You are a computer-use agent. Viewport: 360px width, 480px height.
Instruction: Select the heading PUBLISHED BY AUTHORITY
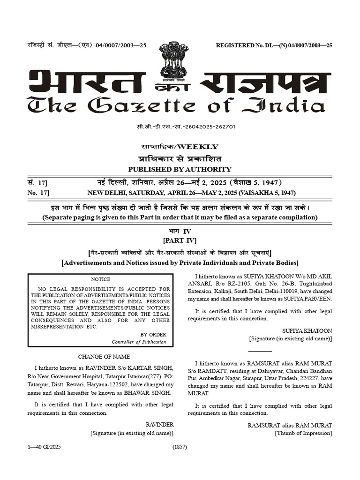[x=180, y=169]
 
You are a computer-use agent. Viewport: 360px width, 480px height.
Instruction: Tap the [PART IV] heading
[x=180, y=240]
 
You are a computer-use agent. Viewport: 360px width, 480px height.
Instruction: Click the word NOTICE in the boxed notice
[x=100, y=279]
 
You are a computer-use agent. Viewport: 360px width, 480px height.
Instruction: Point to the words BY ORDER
[x=153, y=334]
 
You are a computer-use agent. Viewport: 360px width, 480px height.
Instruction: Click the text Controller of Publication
[x=139, y=342]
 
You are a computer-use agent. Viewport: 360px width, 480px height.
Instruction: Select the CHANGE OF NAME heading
[x=100, y=356]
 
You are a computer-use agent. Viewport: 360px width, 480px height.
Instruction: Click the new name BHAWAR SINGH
[x=150, y=392]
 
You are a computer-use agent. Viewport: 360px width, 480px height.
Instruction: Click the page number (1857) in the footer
[x=180, y=447]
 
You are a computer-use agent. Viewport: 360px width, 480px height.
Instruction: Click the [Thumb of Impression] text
[x=303, y=433]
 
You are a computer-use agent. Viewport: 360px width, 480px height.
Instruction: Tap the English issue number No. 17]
[x=38, y=193]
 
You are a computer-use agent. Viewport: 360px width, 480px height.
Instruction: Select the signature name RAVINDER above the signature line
[x=160, y=424]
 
